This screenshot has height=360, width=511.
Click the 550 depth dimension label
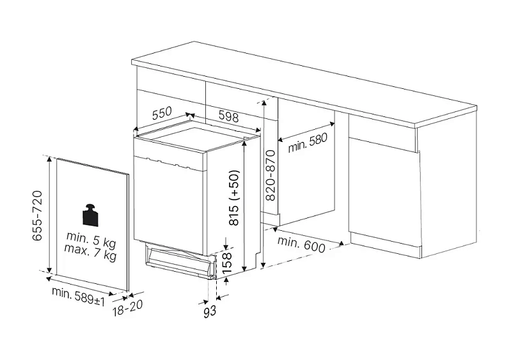162,113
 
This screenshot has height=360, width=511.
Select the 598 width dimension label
228,116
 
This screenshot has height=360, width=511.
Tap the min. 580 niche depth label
308,143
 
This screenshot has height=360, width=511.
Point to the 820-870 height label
271,175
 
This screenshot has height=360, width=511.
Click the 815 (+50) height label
233,198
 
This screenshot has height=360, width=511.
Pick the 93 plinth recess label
210,312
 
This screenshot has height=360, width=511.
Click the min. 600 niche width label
301,245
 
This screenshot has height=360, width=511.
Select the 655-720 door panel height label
38,215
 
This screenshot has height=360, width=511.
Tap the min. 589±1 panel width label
78,297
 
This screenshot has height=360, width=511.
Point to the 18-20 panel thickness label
127,308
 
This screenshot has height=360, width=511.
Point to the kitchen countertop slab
304,83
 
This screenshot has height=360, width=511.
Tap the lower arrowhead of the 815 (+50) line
245,268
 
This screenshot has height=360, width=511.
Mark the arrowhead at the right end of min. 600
342,243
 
